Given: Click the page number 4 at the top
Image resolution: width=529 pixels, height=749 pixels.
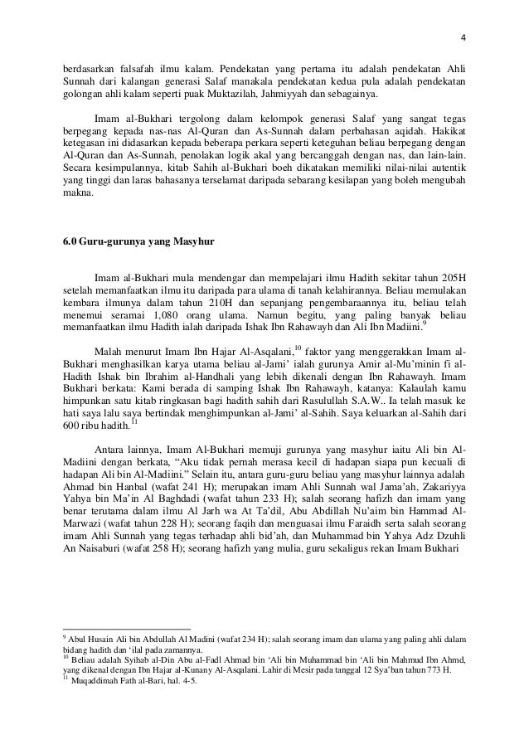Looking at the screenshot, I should click(x=463, y=12).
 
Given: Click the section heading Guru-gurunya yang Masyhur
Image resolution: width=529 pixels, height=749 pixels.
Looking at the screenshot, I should click(x=139, y=242).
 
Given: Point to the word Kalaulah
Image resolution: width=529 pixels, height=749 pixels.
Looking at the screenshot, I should click(x=423, y=389).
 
